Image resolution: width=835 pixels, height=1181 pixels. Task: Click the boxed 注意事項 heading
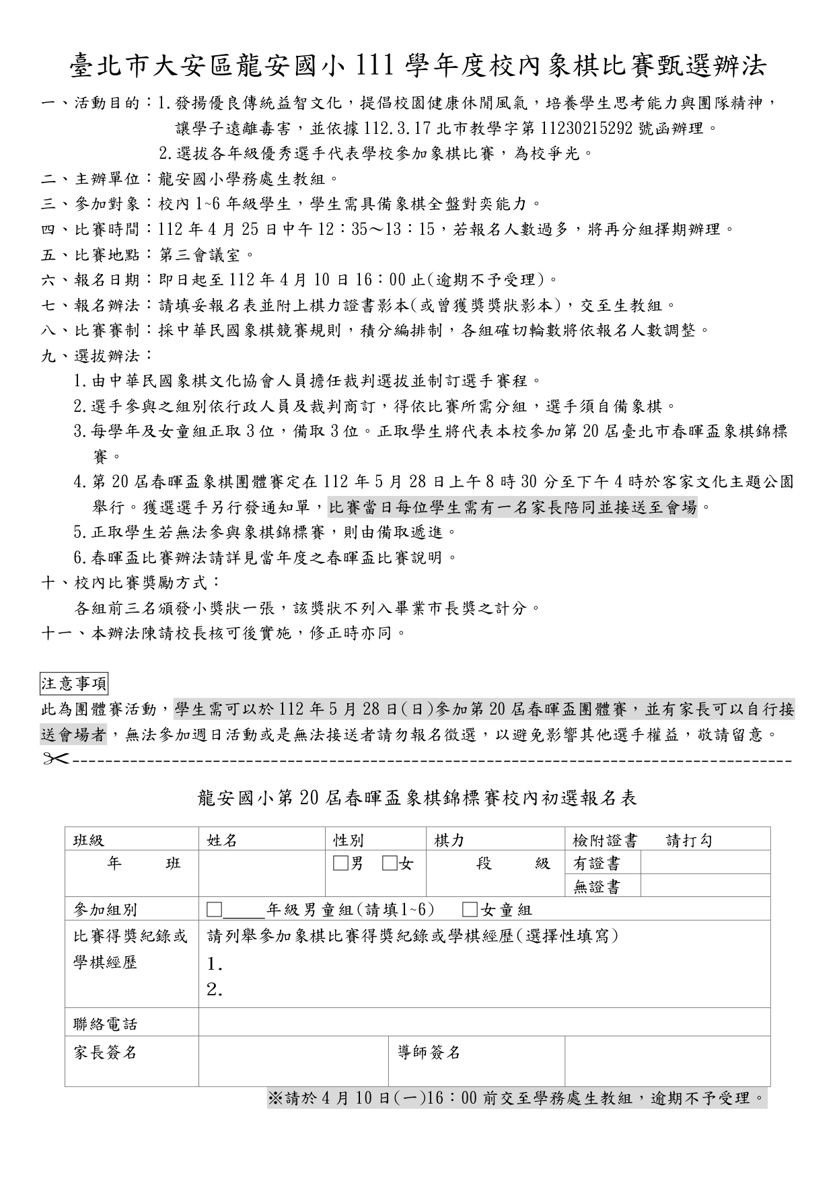[x=74, y=684]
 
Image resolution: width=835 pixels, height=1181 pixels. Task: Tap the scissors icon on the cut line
[x=56, y=759]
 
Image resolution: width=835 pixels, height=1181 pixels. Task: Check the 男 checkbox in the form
[x=339, y=863]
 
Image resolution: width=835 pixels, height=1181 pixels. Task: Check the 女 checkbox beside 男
[x=388, y=863]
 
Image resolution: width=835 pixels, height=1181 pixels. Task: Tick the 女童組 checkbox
[x=470, y=910]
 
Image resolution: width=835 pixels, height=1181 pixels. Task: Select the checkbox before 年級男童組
[x=214, y=910]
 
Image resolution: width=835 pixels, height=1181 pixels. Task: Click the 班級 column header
[x=89, y=840]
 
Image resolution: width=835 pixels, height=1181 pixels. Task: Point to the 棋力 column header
[x=449, y=840]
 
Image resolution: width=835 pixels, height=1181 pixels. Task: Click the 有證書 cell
[x=597, y=863]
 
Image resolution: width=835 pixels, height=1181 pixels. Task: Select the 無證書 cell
[x=597, y=887]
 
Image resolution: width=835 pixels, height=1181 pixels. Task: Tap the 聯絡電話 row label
[x=105, y=1024]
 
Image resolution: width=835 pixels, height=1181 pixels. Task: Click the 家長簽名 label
[x=105, y=1052]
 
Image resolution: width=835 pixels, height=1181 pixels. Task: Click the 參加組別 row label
[x=105, y=910]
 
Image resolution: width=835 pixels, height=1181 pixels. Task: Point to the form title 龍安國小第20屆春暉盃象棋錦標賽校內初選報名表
[x=417, y=798]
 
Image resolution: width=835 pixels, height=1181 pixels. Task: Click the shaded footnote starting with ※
[x=517, y=1098]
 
